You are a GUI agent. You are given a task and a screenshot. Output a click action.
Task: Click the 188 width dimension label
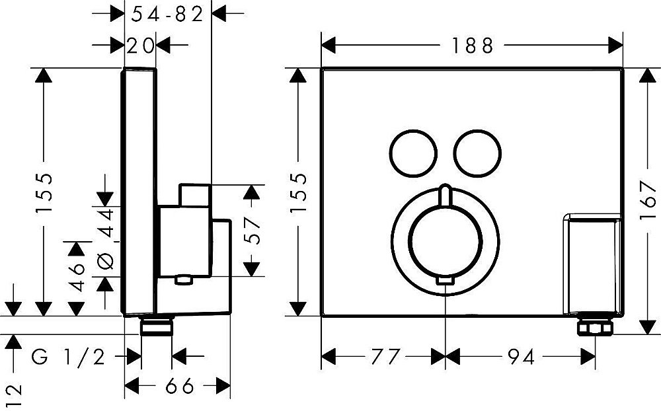[x=472, y=46]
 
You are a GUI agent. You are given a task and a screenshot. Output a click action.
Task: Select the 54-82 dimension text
[x=167, y=15]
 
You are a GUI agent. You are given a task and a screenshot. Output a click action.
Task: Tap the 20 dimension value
[x=140, y=46]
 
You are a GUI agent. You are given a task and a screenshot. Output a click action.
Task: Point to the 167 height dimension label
[x=648, y=200]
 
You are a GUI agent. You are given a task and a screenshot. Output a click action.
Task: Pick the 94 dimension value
[x=521, y=357]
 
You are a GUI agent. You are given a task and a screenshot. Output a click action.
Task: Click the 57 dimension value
[x=252, y=231]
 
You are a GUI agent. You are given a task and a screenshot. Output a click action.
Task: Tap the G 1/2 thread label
[x=68, y=358]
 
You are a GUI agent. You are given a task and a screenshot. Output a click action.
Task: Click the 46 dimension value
[x=77, y=277]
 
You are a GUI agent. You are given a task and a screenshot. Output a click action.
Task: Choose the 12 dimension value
[x=15, y=396]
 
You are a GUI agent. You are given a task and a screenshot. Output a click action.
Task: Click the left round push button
[x=412, y=153]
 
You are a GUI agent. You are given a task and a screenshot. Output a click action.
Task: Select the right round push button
[x=478, y=153]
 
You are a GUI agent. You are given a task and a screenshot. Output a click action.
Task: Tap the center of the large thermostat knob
[x=446, y=243]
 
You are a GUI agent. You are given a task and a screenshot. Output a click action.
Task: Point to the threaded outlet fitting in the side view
[x=157, y=326]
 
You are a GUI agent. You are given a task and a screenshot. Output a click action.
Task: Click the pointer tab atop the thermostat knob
[x=445, y=194]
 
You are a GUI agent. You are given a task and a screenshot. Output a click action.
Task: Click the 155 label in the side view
[x=44, y=192]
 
